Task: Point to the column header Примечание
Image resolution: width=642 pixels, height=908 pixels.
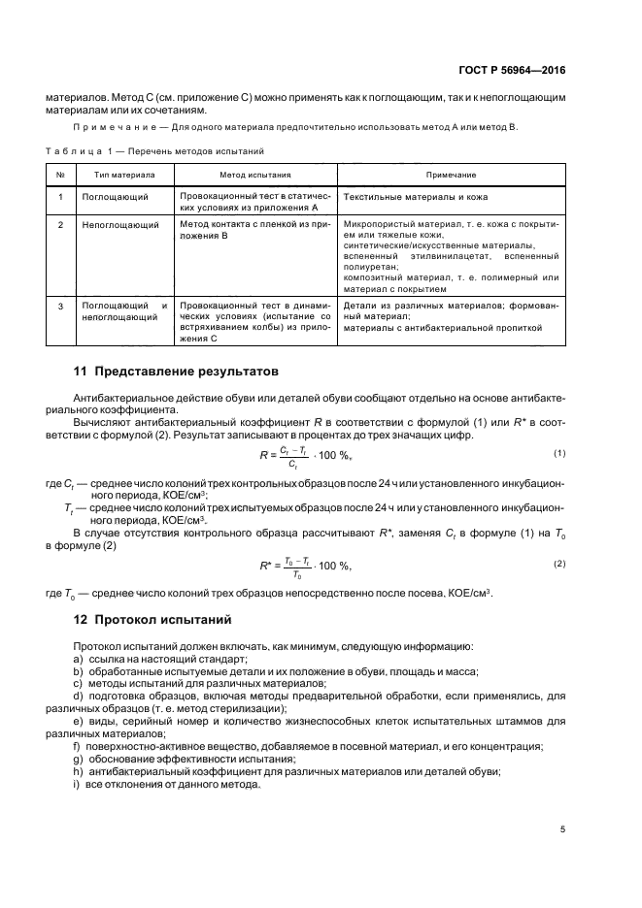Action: tap(451, 175)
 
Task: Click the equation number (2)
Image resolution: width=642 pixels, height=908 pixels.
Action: tap(558, 564)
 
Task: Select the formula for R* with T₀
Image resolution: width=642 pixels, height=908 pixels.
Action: tap(305, 565)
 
